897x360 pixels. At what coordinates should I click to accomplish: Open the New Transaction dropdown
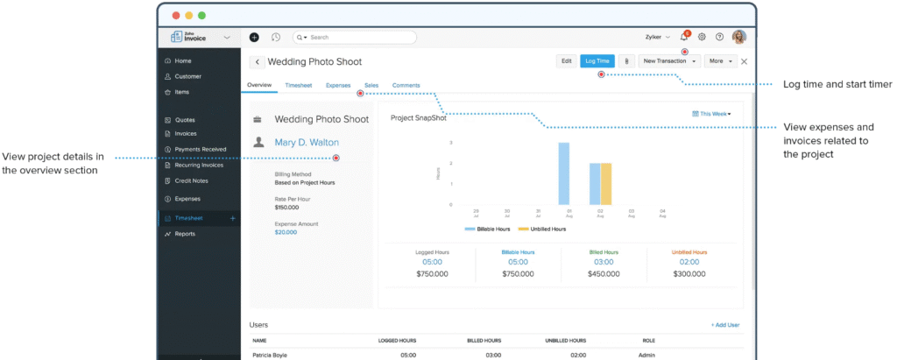(670, 61)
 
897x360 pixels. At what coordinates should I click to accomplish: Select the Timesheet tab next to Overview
(299, 85)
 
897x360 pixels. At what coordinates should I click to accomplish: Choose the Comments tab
(406, 85)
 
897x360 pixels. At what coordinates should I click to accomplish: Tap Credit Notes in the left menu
(191, 180)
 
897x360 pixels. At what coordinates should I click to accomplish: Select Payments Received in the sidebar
(200, 149)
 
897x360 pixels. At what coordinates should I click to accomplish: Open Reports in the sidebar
(184, 234)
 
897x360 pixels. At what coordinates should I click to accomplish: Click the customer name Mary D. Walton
(307, 142)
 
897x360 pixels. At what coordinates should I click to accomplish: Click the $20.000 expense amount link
(286, 232)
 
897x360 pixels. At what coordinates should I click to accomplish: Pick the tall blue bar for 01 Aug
(563, 173)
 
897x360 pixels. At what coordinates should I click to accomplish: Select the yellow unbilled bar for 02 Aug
(605, 183)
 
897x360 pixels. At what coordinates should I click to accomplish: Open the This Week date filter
(710, 114)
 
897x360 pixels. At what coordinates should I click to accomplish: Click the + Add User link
(724, 325)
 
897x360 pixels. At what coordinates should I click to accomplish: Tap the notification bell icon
(683, 38)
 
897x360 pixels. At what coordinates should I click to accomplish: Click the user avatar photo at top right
(739, 38)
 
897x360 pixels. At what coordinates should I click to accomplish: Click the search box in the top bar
(355, 38)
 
